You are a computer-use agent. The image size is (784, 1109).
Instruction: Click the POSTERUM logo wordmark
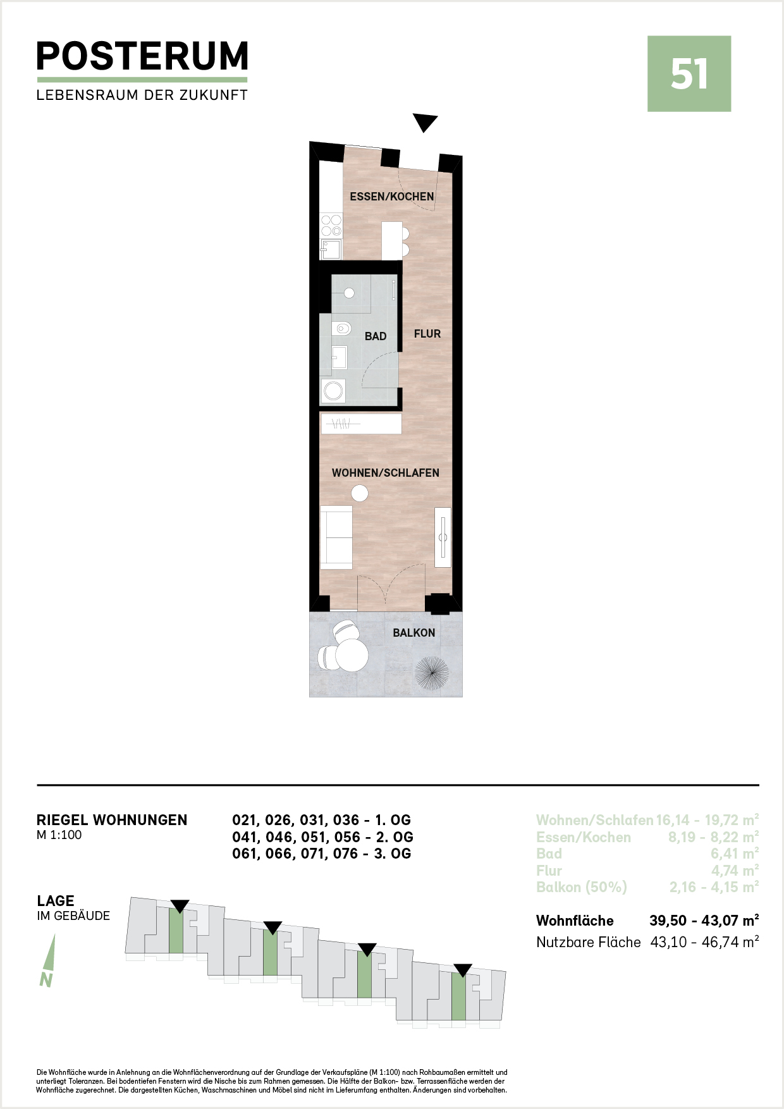pos(142,56)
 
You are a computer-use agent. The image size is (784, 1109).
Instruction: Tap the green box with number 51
pos(689,74)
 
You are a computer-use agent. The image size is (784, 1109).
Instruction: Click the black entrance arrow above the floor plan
pos(425,123)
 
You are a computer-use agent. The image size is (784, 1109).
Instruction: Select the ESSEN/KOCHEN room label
pos(392,197)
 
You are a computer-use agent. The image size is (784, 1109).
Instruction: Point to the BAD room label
pos(376,336)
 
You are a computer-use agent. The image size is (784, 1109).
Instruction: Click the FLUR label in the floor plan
pos(427,334)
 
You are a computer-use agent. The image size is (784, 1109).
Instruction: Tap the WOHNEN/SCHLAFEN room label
pos(386,473)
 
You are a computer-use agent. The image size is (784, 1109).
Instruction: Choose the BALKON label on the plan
pos(414,633)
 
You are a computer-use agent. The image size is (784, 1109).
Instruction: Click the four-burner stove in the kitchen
pos(331,226)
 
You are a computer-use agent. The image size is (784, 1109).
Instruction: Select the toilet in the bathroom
pos(341,329)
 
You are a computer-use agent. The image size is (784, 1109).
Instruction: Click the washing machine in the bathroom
pos(333,391)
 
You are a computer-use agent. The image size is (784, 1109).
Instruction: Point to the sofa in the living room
pos(336,537)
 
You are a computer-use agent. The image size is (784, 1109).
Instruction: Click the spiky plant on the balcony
pos(432,673)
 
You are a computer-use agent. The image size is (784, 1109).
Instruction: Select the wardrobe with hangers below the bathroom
pos(361,424)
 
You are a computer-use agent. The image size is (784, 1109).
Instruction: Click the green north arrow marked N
pos(48,960)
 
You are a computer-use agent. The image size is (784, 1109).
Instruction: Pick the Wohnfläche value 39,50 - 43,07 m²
pos(704,921)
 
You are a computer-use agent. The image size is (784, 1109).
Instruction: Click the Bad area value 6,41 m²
pos(735,854)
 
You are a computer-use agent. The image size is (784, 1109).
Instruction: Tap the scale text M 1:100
pos(59,835)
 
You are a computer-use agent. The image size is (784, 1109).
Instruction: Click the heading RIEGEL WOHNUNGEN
pos(112,820)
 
